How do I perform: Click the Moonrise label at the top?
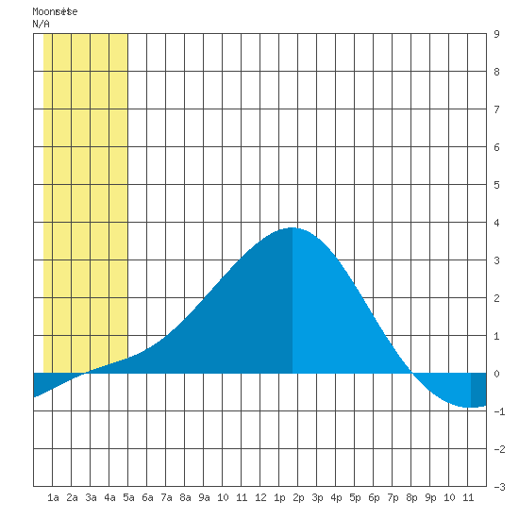55,11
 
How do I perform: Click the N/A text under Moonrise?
41,24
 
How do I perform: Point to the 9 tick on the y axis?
496,34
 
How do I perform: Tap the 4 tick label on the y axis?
496,223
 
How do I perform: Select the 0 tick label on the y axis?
496,374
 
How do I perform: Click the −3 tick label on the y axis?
499,487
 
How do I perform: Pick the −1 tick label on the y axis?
499,411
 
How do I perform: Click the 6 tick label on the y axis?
496,147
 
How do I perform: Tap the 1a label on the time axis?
53,497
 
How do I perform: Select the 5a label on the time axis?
128,497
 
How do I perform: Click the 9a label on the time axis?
204,497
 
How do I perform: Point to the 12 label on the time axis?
260,497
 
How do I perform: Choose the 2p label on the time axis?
298,497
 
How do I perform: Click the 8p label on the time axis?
411,497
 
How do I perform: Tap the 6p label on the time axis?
374,497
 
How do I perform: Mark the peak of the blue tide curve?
293,227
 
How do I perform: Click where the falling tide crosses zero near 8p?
411,374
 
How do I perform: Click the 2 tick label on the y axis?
496,298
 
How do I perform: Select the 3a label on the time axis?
91,497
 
